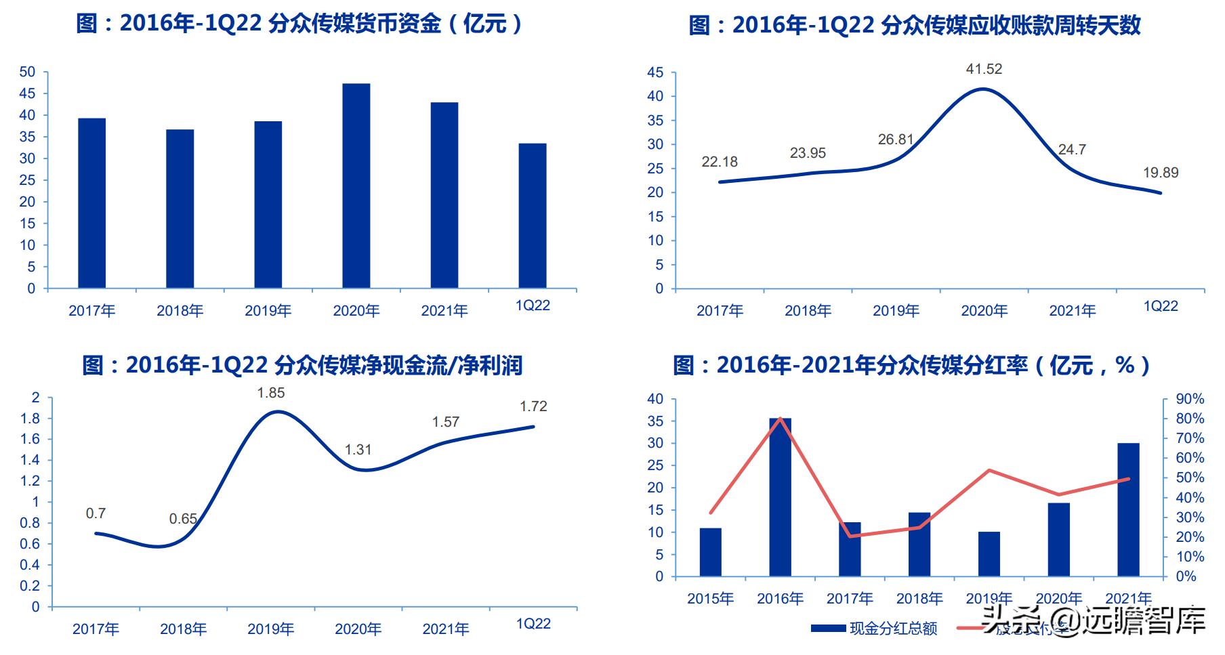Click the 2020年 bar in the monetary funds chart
point(356,186)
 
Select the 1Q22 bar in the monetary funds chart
point(533,216)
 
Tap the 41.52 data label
point(984,69)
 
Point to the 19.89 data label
point(1161,173)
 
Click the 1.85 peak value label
point(271,393)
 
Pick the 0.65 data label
point(183,519)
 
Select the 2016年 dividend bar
point(780,498)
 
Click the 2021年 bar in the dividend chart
point(1128,510)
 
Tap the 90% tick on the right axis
point(1190,399)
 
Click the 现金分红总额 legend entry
point(874,629)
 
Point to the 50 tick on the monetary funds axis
point(27,72)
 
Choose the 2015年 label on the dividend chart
point(710,599)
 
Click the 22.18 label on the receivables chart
point(720,162)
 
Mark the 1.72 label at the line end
point(533,406)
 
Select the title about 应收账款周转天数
point(915,26)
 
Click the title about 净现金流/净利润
point(302,366)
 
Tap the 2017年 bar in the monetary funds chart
point(92,203)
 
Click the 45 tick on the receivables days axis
point(655,72)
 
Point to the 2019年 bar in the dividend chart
point(989,554)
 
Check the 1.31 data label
point(358,450)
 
